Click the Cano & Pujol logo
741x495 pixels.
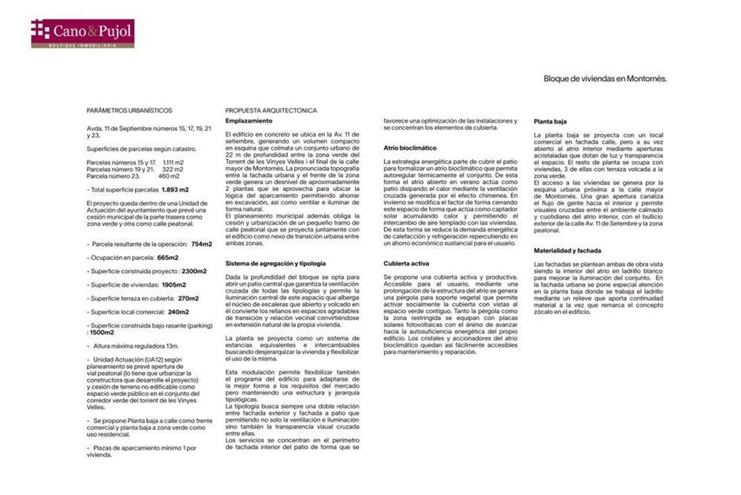pyautogui.click(x=83, y=33)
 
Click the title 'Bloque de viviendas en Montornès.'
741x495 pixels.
pyautogui.click(x=605, y=79)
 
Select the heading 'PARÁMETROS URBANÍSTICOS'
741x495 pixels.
pyautogui.click(x=129, y=111)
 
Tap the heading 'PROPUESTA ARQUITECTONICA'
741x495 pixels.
pyautogui.click(x=271, y=111)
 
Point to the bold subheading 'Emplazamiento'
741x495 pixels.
pyautogui.click(x=249, y=121)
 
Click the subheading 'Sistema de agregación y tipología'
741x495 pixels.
pyautogui.click(x=275, y=263)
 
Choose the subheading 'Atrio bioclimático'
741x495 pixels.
pyautogui.click(x=410, y=148)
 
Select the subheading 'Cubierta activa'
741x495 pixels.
pyautogui.click(x=406, y=263)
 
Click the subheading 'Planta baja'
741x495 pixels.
pyautogui.click(x=550, y=121)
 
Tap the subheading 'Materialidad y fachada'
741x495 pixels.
pyautogui.click(x=567, y=251)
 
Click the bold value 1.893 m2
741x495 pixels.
pyautogui.click(x=175, y=190)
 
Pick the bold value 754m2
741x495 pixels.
pyautogui.click(x=202, y=244)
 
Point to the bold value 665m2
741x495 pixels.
pyautogui.click(x=168, y=258)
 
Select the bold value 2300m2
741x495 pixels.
pyautogui.click(x=194, y=271)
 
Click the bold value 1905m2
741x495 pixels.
pyautogui.click(x=174, y=285)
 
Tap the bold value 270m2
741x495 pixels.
pyautogui.click(x=188, y=298)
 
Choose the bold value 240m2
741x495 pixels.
pyautogui.click(x=178, y=312)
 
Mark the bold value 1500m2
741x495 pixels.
pyautogui.click(x=102, y=333)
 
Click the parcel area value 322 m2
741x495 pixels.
pyautogui.click(x=173, y=169)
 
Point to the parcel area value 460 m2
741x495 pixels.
pyautogui.click(x=169, y=176)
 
